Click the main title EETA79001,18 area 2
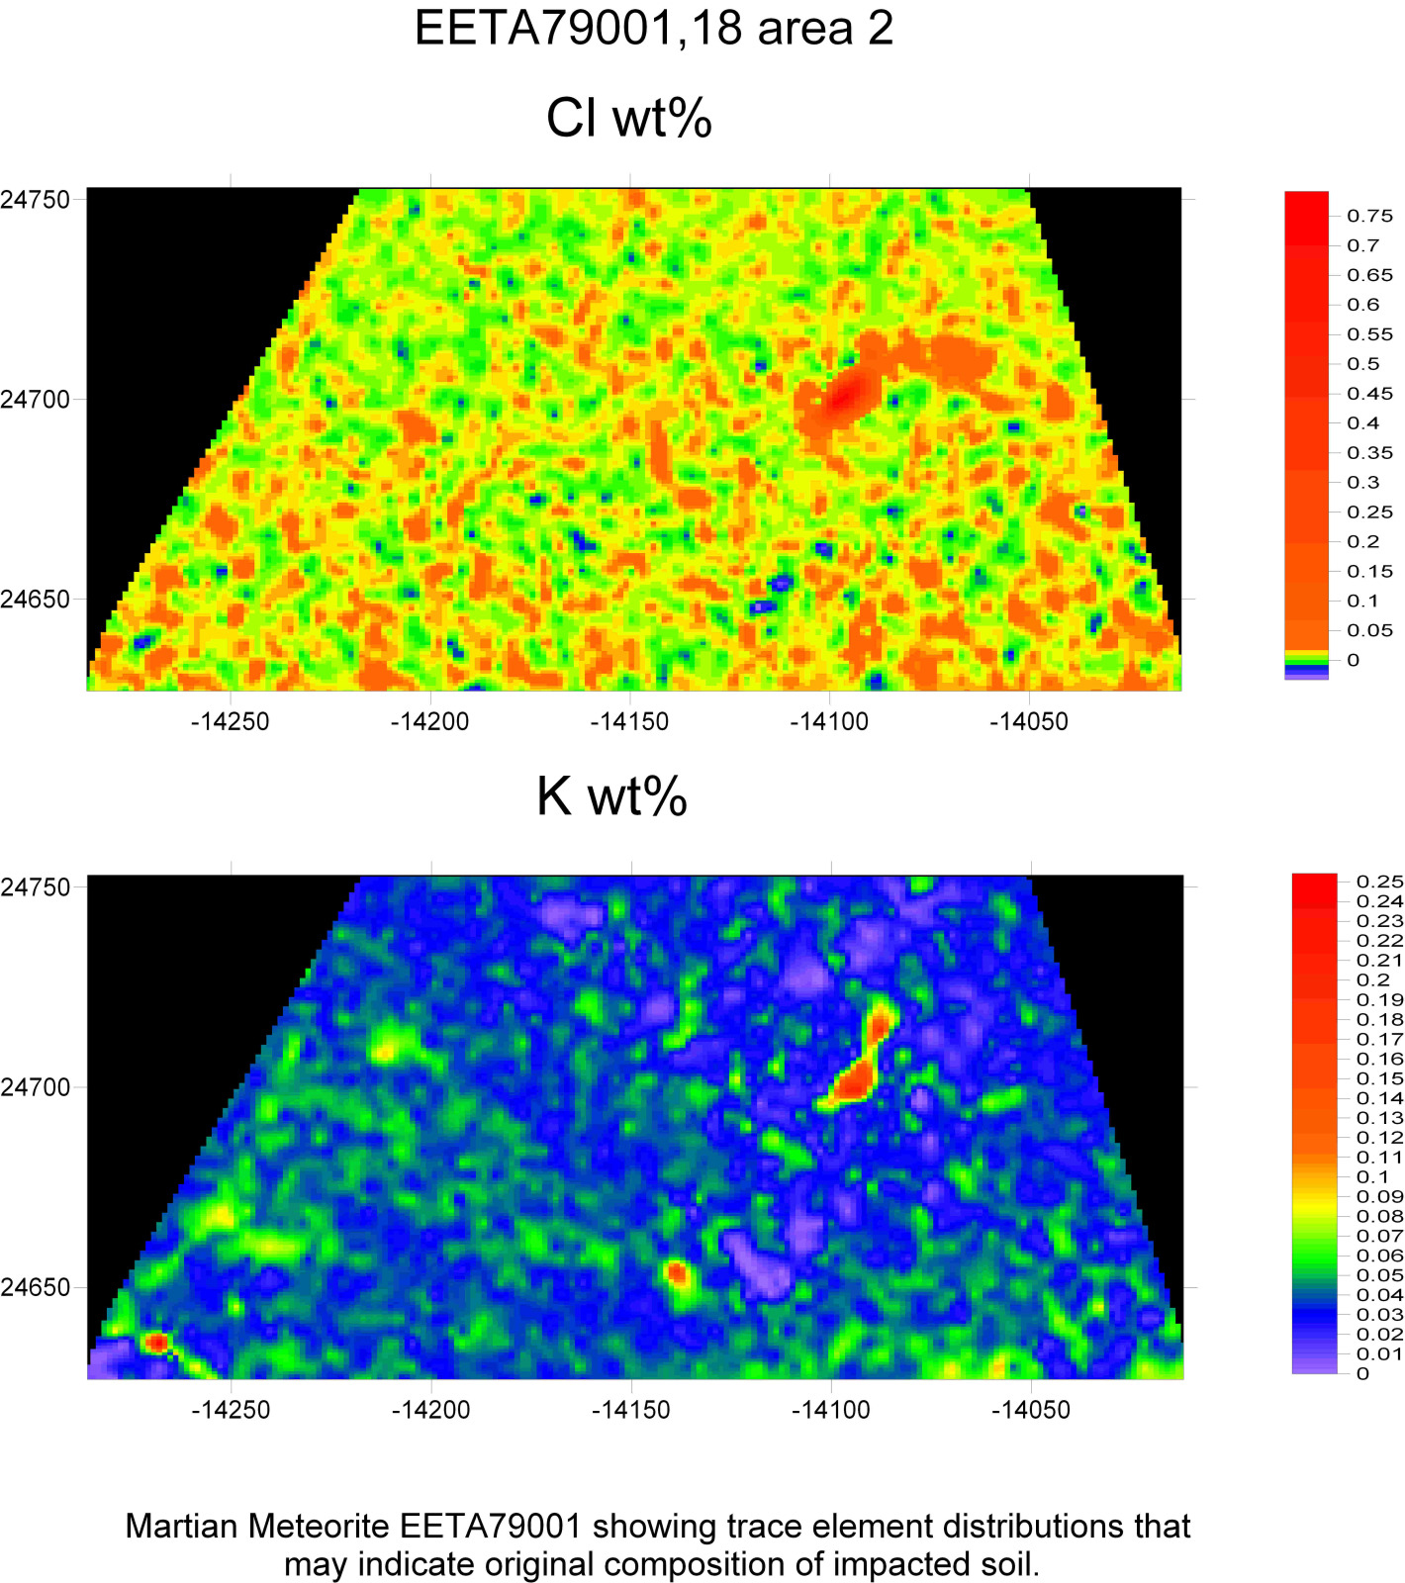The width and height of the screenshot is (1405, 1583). click(x=653, y=28)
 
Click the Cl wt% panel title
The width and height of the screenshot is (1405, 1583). click(x=629, y=118)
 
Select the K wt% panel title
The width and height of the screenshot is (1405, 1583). click(x=611, y=795)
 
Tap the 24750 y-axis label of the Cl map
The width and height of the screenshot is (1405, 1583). click(x=36, y=199)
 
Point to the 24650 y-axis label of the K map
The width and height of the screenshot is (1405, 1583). click(x=36, y=1287)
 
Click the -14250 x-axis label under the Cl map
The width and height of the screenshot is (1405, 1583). click(x=230, y=721)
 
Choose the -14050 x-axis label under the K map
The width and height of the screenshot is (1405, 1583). click(x=1030, y=1409)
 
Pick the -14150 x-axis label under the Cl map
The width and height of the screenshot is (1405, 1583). click(x=629, y=721)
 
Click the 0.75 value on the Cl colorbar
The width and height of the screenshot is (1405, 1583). click(x=1369, y=216)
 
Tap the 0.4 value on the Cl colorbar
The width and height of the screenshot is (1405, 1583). click(x=1362, y=423)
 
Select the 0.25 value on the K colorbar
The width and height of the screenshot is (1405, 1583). click(x=1379, y=882)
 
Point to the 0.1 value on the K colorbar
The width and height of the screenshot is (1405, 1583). click(x=1372, y=1177)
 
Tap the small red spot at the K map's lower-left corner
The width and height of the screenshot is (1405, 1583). click(x=156, y=1343)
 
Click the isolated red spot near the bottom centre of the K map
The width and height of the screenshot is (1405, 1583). click(x=677, y=1272)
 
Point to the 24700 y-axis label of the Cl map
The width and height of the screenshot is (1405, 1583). click(x=36, y=400)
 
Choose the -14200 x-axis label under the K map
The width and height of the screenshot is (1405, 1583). click(x=430, y=1409)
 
